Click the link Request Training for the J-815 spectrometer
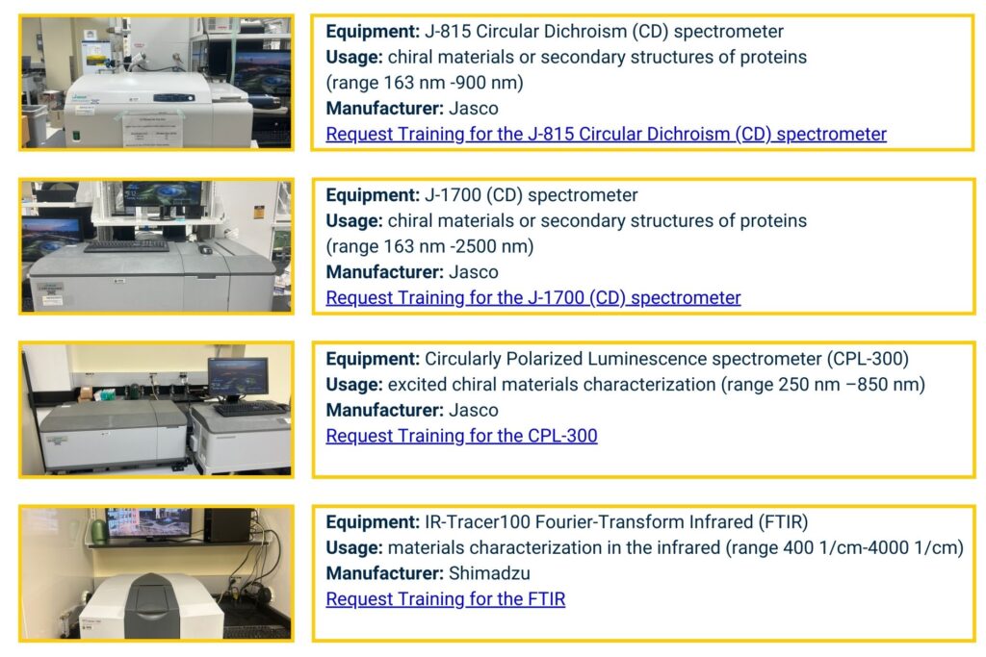point(606,135)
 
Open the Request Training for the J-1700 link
point(532,298)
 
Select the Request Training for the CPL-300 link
point(461,437)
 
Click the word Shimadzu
point(489,574)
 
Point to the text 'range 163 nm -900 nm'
point(425,83)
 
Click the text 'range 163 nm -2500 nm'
point(429,246)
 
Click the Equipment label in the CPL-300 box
point(372,359)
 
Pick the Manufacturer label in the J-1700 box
point(384,272)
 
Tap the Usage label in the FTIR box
point(353,548)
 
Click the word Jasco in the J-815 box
point(474,109)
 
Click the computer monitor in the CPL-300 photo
point(237,378)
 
